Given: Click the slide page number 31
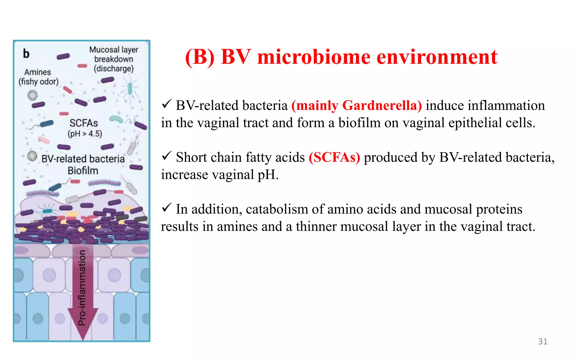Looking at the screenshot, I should (543, 341).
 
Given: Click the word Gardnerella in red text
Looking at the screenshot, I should (382, 106).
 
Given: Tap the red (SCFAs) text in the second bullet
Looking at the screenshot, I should (334, 157).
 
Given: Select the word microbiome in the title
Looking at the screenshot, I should (314, 57).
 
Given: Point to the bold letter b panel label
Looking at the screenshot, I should (26, 53).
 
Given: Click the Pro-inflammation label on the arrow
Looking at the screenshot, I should (82, 287).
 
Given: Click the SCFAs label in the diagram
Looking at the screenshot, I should (84, 123).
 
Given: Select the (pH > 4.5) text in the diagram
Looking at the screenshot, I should (85, 133).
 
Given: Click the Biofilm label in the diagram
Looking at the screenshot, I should (83, 171).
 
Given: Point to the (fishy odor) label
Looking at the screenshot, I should (39, 82).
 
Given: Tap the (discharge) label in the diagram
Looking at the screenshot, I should (114, 69).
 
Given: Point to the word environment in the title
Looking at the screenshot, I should (437, 57).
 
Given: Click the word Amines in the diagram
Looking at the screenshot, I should (38, 72).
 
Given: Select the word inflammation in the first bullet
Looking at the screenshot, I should (506, 106).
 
